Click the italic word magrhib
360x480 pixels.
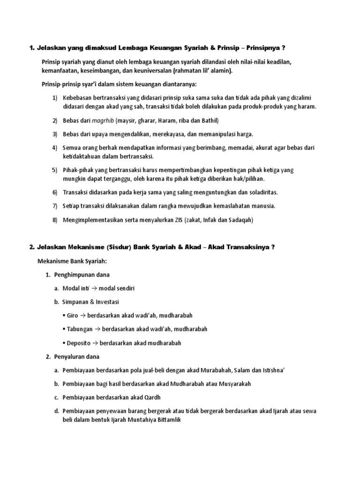[103, 120]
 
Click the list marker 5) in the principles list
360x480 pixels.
[54, 170]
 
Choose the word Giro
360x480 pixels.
[73, 315]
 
